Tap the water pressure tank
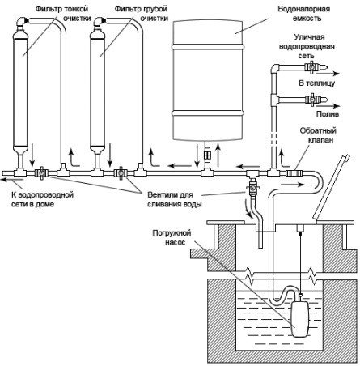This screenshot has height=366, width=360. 208,80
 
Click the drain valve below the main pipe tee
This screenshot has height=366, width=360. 252,186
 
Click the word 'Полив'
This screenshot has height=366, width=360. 327,114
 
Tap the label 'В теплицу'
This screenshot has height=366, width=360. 316,83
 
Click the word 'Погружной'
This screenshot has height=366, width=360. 172,232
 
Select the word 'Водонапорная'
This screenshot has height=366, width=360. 303,9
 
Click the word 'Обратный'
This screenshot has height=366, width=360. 318,130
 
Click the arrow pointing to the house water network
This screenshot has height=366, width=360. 11,181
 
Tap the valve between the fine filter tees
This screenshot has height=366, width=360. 41,172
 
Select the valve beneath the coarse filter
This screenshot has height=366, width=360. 119,172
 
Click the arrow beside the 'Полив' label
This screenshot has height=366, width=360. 332,106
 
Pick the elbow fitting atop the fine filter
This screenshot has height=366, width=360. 22,21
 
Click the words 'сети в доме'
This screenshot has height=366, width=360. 32,204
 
